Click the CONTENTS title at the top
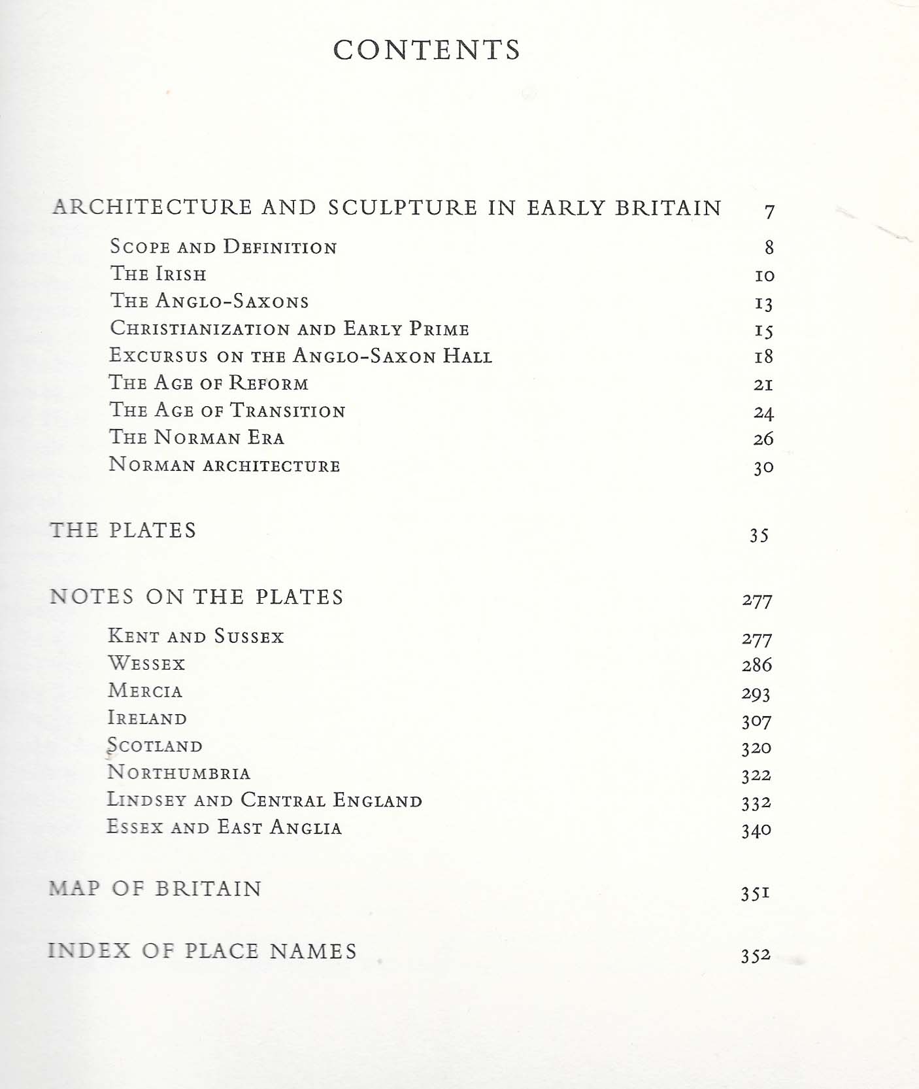pos(426,50)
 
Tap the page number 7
pos(769,211)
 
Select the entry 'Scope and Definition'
pos(223,247)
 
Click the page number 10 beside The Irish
pos(764,276)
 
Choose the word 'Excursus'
pos(158,355)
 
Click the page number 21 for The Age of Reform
pos(763,385)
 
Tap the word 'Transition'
pos(288,411)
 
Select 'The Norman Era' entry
pos(196,437)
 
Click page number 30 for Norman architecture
pos(763,467)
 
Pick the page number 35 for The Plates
pos(759,536)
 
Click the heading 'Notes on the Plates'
pos(196,596)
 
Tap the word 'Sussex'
pos(249,636)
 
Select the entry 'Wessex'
pos(146,664)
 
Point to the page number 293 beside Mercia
pos(756,693)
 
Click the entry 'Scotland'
pos(155,746)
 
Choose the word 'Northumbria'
pos(178,773)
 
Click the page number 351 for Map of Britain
pos(755,893)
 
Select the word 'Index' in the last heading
pos(90,950)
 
